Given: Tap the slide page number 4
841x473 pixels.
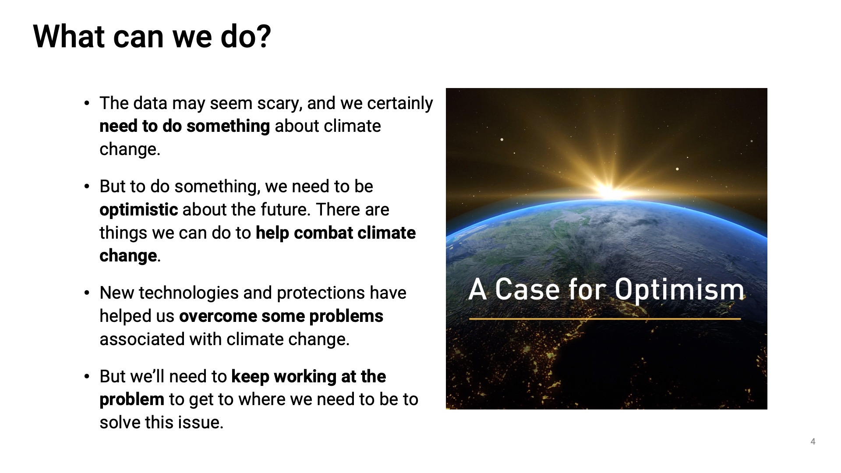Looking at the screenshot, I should click(x=813, y=441).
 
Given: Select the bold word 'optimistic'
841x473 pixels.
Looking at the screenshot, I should click(x=138, y=210).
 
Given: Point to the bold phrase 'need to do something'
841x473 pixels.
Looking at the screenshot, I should click(x=184, y=126).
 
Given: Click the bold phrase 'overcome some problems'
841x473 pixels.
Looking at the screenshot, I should click(x=281, y=316).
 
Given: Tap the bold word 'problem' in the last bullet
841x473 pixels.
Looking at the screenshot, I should click(x=132, y=399).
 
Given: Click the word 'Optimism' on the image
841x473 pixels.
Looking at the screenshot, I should click(x=679, y=290).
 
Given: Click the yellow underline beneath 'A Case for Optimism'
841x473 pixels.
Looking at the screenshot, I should click(x=605, y=319).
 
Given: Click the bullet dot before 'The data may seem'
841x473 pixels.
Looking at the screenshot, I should click(x=87, y=104).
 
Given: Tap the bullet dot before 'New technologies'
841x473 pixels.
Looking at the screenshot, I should click(x=87, y=293).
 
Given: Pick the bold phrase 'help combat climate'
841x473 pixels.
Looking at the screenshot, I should click(x=336, y=233).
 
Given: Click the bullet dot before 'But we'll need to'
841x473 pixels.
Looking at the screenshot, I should click(x=87, y=377).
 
